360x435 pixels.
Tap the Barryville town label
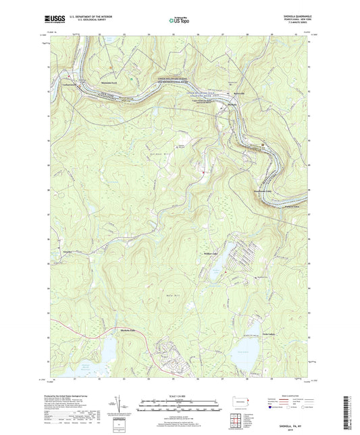240,93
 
